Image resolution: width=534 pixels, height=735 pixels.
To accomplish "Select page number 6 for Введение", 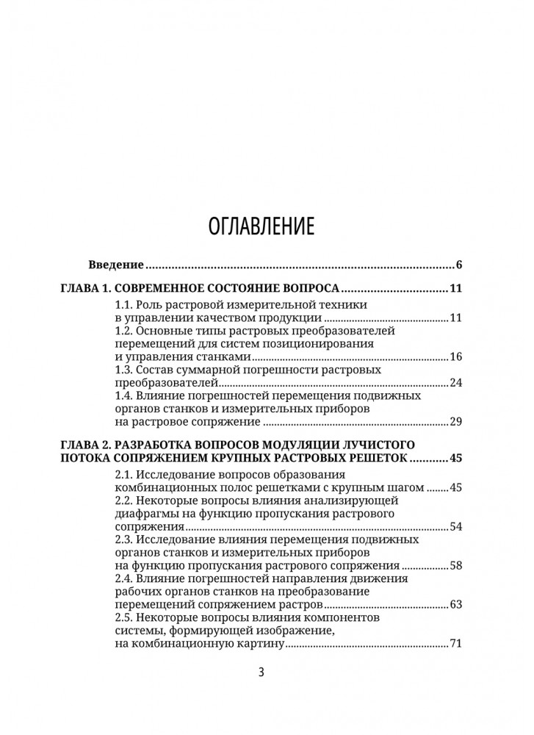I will tap(458, 265).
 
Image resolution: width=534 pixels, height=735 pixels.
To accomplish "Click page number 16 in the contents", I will tap(454, 357).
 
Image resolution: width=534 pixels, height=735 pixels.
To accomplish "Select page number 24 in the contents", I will tap(454, 383).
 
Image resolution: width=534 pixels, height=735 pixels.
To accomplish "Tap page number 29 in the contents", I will tap(454, 423).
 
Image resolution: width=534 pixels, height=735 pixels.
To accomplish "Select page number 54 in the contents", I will tap(454, 527).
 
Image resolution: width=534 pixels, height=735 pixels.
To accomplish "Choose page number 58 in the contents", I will tap(454, 566).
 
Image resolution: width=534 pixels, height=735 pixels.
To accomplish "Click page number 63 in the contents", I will tap(454, 605).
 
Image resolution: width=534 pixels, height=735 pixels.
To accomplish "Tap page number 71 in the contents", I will tap(454, 645).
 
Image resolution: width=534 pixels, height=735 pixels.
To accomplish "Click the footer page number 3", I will tap(261, 673).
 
